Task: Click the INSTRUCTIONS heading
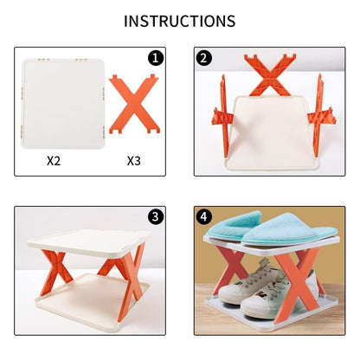(179, 21)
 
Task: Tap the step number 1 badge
(156, 59)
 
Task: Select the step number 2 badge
(204, 59)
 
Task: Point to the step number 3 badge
(156, 217)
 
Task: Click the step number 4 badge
(204, 217)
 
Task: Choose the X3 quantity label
(134, 160)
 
